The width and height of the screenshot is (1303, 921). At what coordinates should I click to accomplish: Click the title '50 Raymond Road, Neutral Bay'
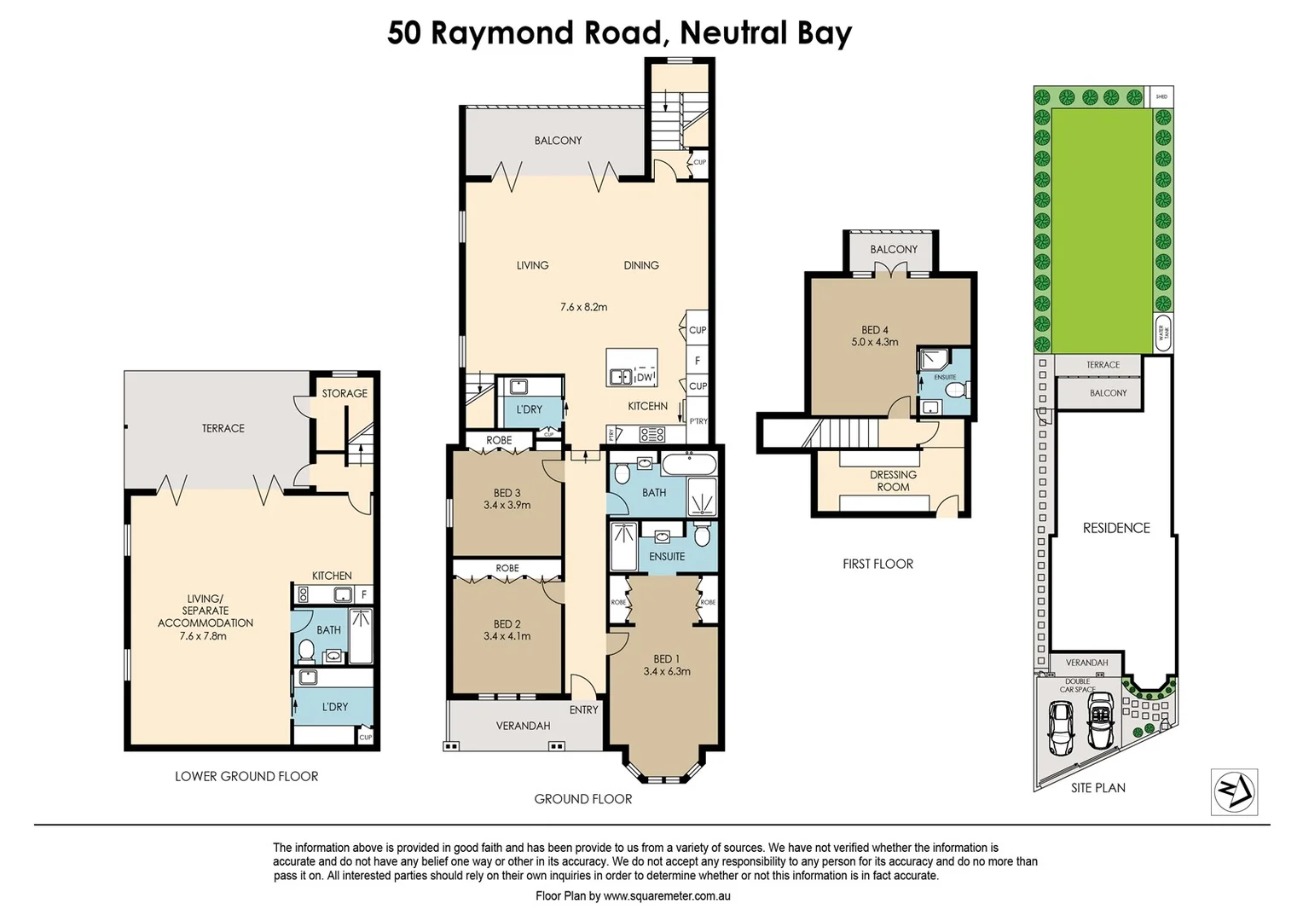(x=619, y=33)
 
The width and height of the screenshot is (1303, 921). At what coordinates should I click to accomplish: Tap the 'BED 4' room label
(x=874, y=330)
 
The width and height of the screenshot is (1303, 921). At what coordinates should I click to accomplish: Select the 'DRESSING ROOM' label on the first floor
(x=893, y=481)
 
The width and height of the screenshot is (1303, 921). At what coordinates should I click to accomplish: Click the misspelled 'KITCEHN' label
(x=647, y=406)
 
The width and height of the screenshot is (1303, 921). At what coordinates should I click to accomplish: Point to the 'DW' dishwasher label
(x=645, y=377)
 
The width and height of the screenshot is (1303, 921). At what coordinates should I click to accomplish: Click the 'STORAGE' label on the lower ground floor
(x=345, y=393)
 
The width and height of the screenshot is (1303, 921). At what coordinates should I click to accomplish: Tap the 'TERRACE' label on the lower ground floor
(x=223, y=428)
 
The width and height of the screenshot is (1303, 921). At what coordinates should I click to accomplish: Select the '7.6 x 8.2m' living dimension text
(x=583, y=307)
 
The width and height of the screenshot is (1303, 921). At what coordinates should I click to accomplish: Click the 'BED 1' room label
(x=666, y=658)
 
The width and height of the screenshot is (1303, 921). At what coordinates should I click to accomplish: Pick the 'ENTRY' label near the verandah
(x=583, y=710)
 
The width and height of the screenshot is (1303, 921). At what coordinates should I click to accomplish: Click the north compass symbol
(x=1234, y=792)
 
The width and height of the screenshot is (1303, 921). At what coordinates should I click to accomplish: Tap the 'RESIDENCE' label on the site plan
(x=1116, y=528)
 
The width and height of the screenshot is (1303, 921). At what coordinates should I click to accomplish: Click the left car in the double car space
(x=1061, y=727)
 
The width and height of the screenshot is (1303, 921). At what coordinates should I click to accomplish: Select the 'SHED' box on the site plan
(x=1161, y=96)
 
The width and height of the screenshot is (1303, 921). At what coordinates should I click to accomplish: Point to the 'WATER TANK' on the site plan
(x=1161, y=333)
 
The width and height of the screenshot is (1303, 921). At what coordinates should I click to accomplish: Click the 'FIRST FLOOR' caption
(x=877, y=564)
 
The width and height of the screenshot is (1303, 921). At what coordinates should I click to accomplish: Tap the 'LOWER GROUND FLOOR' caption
(x=246, y=776)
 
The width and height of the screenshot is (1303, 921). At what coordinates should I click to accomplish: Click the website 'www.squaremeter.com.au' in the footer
(x=667, y=896)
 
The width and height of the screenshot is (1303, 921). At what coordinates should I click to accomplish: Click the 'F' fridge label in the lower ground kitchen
(x=363, y=594)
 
